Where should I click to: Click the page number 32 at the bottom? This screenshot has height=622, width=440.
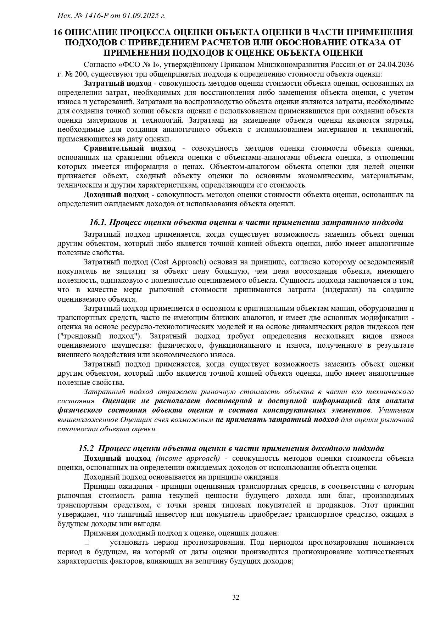[x=236, y=597]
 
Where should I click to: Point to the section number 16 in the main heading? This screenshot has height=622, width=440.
[x=58, y=32]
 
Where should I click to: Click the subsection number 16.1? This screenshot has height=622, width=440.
[x=98, y=222]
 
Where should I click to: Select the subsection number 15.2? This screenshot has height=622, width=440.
[x=86, y=448]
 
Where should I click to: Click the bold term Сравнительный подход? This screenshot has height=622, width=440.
[x=129, y=148]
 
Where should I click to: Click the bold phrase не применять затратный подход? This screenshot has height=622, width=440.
[x=277, y=420]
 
